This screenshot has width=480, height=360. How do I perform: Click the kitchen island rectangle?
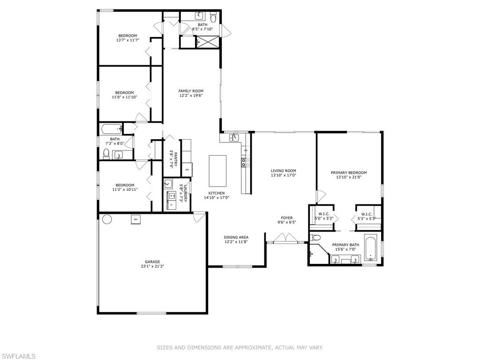point(217,171)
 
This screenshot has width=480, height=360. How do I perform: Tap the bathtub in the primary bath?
point(370,249)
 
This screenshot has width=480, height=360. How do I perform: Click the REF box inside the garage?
point(136,219)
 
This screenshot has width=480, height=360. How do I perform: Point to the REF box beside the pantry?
point(187,170)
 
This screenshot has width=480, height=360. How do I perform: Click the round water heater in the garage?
point(107,219)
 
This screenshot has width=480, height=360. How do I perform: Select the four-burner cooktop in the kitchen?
point(244,163)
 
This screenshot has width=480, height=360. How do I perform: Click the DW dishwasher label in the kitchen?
point(245,150)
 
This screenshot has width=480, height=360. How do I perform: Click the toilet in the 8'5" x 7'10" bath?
point(214,19)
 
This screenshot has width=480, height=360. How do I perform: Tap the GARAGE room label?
point(152,262)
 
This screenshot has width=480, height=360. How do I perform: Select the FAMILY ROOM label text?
point(191,91)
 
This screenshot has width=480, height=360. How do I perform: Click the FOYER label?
point(286,218)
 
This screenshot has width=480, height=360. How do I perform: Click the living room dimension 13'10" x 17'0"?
point(283,175)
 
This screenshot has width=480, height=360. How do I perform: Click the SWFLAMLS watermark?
point(18,356)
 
